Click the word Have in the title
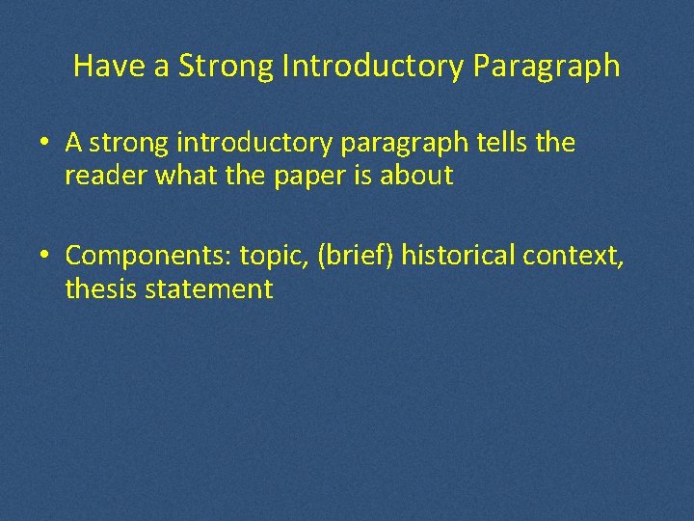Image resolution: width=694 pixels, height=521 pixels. tap(101, 66)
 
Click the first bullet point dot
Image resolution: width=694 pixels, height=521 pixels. tap(45, 144)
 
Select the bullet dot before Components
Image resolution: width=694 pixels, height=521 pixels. tap(45, 257)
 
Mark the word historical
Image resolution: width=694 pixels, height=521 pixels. tap(458, 256)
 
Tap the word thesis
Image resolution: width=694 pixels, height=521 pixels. tap(102, 288)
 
